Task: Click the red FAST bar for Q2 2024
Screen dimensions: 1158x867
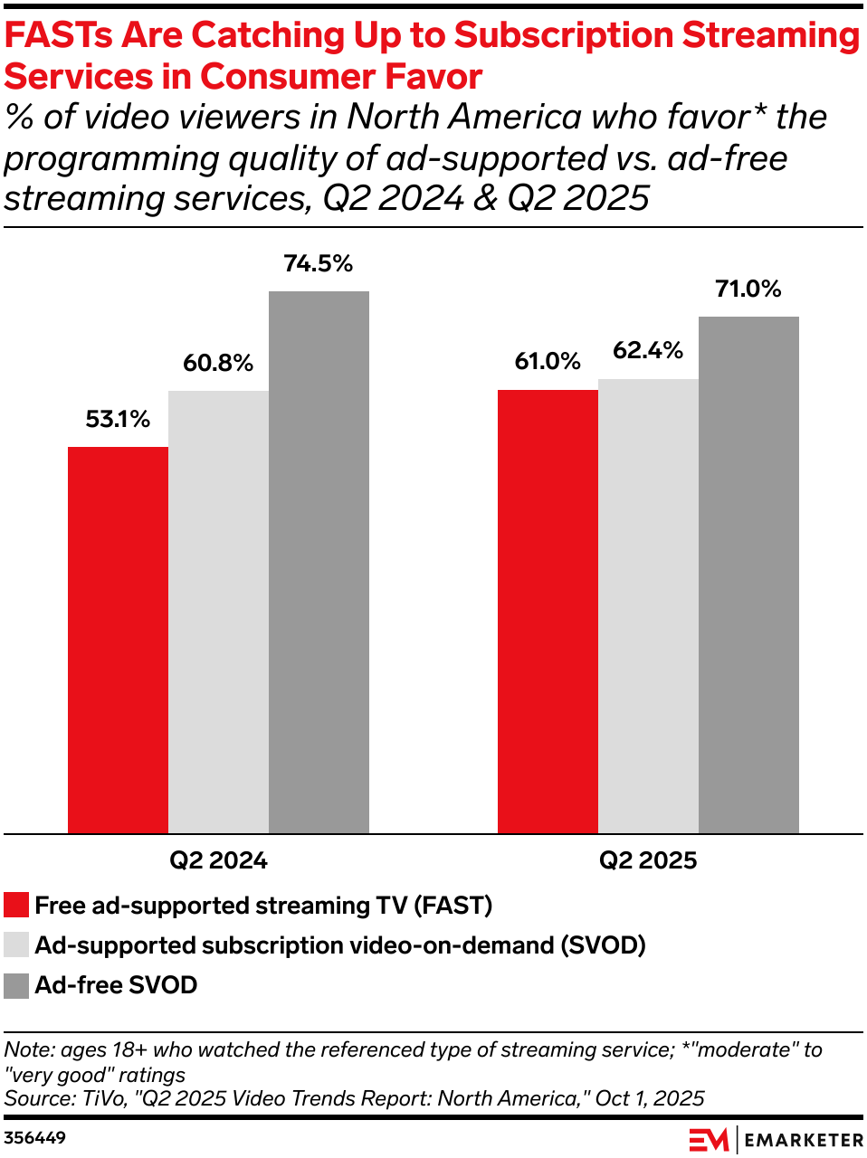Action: tap(118, 640)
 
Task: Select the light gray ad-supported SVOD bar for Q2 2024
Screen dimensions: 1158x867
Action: tap(218, 612)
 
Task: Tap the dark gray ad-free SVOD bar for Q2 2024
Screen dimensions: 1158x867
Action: tap(319, 562)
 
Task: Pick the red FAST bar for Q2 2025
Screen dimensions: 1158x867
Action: tap(548, 612)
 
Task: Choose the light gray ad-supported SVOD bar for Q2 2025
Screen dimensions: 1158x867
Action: tap(648, 606)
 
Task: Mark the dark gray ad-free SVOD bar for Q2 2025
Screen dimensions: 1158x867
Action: tap(748, 574)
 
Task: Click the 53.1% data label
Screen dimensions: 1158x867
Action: tap(118, 420)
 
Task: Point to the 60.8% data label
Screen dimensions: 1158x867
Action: tap(218, 364)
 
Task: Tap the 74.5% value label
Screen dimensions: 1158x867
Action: tap(319, 264)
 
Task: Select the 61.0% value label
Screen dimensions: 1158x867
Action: tap(548, 362)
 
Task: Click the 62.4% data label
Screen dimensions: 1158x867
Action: tap(648, 351)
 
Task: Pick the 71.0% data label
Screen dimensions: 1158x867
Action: tap(748, 289)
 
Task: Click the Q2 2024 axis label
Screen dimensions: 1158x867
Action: tap(218, 860)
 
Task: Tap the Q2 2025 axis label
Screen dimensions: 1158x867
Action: tap(648, 860)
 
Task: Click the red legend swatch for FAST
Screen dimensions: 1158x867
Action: tap(16, 906)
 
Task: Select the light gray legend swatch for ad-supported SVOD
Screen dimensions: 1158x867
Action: tap(16, 945)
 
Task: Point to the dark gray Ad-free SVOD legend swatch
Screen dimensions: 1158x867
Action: tap(16, 985)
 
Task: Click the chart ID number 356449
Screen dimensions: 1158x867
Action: tap(34, 1138)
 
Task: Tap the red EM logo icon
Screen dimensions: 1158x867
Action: tap(709, 1140)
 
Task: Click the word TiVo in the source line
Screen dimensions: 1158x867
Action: tap(102, 1098)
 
